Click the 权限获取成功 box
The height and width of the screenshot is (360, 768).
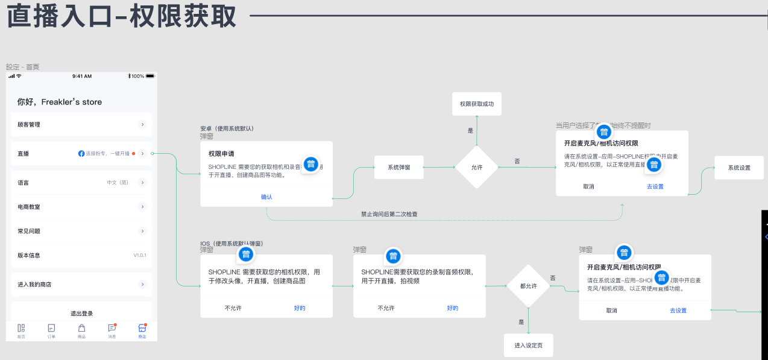click(x=476, y=104)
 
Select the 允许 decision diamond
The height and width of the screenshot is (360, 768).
click(x=476, y=167)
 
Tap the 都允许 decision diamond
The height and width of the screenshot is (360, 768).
click(x=528, y=286)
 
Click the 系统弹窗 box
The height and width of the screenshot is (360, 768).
click(x=398, y=167)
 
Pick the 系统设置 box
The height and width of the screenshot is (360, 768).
click(x=739, y=168)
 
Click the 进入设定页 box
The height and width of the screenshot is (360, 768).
click(x=528, y=345)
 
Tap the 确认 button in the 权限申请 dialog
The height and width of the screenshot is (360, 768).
click(x=266, y=197)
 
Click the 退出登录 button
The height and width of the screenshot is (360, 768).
click(x=81, y=314)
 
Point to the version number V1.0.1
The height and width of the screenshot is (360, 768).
click(x=140, y=256)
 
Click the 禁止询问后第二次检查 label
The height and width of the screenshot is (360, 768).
click(x=389, y=214)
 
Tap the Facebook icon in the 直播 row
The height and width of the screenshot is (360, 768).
click(x=81, y=154)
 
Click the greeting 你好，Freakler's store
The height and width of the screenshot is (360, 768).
click(x=60, y=102)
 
